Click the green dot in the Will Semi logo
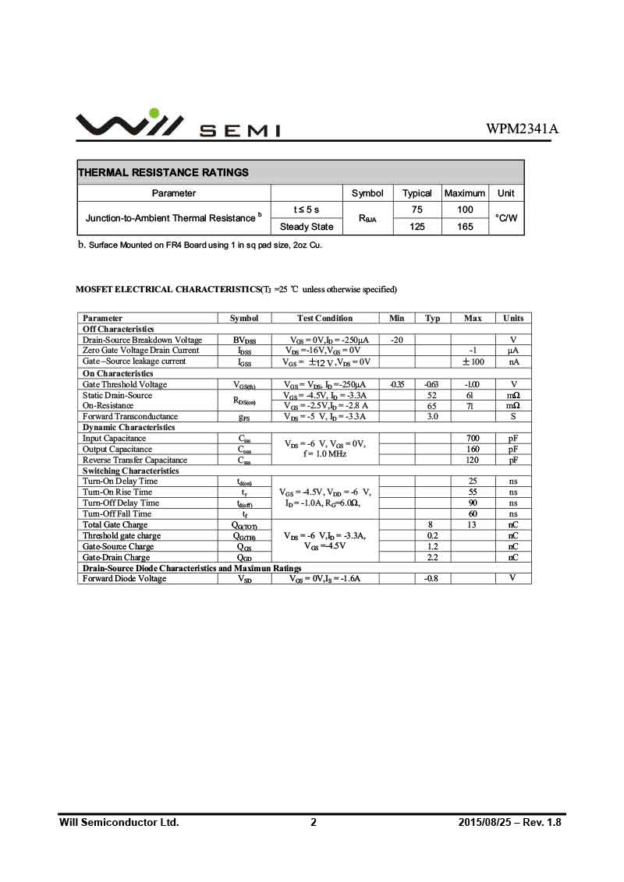[x=154, y=113]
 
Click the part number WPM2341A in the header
[x=522, y=129]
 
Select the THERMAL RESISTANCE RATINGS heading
[x=163, y=172]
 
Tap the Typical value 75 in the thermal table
[x=417, y=210]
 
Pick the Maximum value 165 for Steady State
[x=465, y=227]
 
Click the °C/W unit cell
[x=506, y=218]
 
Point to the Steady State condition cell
[x=307, y=227]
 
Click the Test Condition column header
[x=324, y=318]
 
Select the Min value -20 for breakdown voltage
[x=396, y=340]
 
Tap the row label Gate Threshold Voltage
[x=125, y=384]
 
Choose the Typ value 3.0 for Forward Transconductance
[x=432, y=416]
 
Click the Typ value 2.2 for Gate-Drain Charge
[x=432, y=557]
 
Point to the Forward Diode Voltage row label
[x=125, y=578]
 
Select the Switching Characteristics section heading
[x=131, y=471]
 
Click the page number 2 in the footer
[x=314, y=822]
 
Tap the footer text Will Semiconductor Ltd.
[x=119, y=822]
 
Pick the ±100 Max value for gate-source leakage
[x=473, y=362]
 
